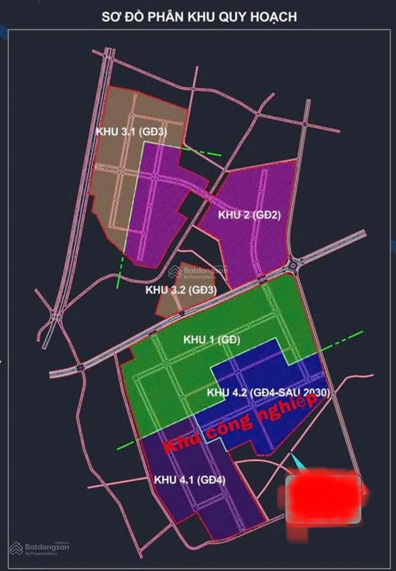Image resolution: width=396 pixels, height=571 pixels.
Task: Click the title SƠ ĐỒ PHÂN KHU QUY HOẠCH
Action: pyautogui.click(x=199, y=17)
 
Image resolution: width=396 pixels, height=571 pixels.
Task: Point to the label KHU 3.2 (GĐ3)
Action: pyautogui.click(x=180, y=290)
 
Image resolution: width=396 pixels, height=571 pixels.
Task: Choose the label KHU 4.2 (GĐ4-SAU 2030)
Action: pyautogui.click(x=268, y=393)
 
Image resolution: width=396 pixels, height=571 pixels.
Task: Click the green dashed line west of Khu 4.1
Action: pyautogui.click(x=128, y=443)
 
